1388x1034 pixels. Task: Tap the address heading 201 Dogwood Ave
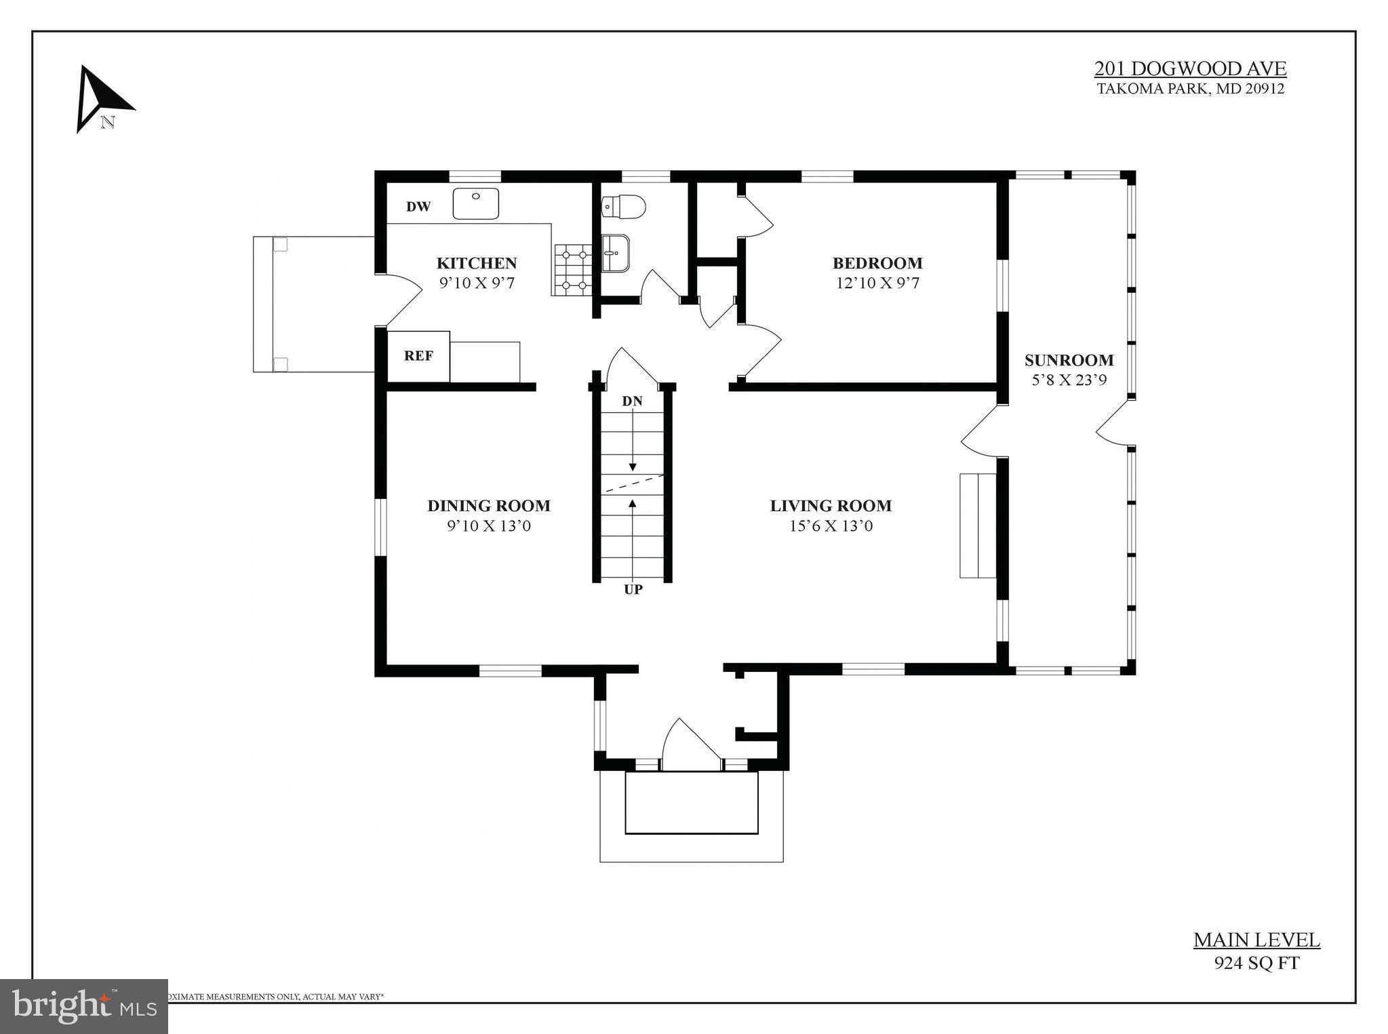tap(1190, 69)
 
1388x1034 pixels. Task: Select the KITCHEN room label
tap(476, 263)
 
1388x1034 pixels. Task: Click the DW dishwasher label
tap(418, 207)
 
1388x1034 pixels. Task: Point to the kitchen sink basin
tap(476, 203)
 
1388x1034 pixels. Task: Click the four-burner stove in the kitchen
tap(573, 270)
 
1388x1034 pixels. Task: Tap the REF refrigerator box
tap(418, 356)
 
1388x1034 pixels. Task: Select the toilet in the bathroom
tap(624, 207)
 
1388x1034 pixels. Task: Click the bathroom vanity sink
tap(616, 253)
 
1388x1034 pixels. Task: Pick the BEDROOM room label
tap(877, 263)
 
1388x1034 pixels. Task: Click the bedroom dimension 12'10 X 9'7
tap(877, 283)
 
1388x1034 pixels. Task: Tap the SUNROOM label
tap(1069, 360)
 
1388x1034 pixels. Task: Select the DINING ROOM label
tap(488, 506)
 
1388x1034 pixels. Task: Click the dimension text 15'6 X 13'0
tap(831, 526)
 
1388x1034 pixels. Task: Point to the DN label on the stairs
tap(632, 401)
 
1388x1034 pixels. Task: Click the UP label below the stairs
tap(633, 590)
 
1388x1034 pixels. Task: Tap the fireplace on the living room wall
tap(977, 526)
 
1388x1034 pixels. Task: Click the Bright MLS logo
tap(83, 1006)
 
